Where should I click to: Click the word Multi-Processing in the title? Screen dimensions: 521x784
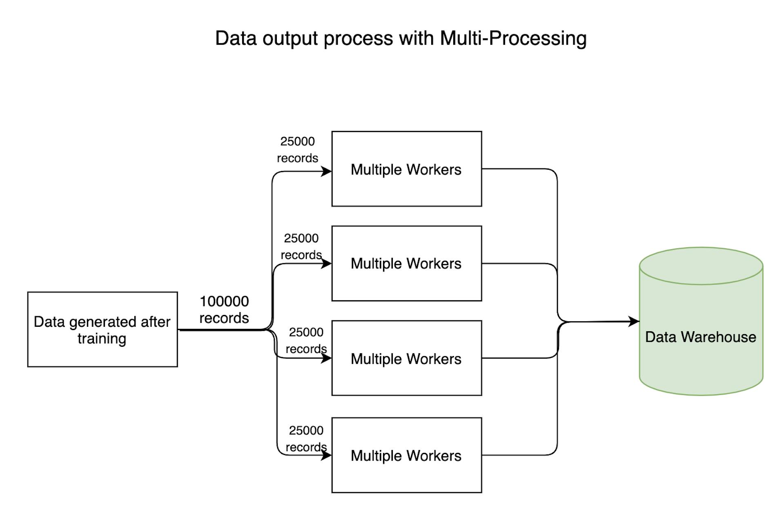pyautogui.click(x=513, y=39)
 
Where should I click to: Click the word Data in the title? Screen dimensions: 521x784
pyautogui.click(x=235, y=39)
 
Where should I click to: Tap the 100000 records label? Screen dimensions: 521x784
pyautogui.click(x=224, y=310)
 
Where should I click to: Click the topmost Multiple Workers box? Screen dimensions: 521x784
pyautogui.click(x=406, y=169)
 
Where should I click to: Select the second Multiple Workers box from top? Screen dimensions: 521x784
pyautogui.click(x=406, y=264)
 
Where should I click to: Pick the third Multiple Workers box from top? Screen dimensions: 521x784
pyautogui.click(x=406, y=359)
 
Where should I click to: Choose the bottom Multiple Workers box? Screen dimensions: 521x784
pyautogui.click(x=406, y=455)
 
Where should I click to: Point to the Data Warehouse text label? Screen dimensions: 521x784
pyautogui.click(x=701, y=337)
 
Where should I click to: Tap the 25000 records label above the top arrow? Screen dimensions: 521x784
pyautogui.click(x=298, y=150)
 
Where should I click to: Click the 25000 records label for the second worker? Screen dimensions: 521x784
pyautogui.click(x=301, y=246)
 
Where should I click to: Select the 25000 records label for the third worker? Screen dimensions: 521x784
pyautogui.click(x=306, y=341)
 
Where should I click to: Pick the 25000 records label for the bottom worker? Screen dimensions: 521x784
pyautogui.click(x=306, y=439)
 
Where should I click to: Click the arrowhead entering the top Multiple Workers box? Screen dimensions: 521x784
pyautogui.click(x=327, y=171)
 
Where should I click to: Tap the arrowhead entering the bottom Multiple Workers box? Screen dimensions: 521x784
pyautogui.click(x=327, y=455)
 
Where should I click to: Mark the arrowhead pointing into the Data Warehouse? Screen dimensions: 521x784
pyautogui.click(x=634, y=321)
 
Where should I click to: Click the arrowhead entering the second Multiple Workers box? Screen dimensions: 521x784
pyautogui.click(x=327, y=264)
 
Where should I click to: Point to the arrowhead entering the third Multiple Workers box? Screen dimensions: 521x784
pyautogui.click(x=327, y=358)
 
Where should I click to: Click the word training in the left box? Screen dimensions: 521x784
pyautogui.click(x=102, y=339)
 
